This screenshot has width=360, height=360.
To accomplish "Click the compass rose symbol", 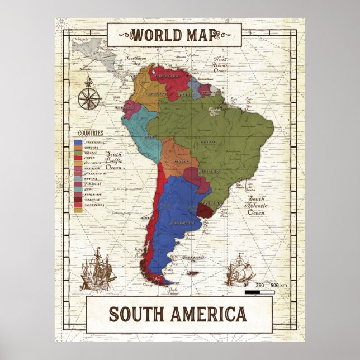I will click(x=88, y=95).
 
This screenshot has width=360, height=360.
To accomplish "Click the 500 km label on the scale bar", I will click(x=279, y=286).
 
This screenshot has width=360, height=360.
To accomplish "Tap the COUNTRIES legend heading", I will click(x=91, y=133).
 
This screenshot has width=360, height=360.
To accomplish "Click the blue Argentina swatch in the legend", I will click(x=78, y=143).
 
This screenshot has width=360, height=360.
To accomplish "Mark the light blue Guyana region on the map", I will click(x=193, y=86).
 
